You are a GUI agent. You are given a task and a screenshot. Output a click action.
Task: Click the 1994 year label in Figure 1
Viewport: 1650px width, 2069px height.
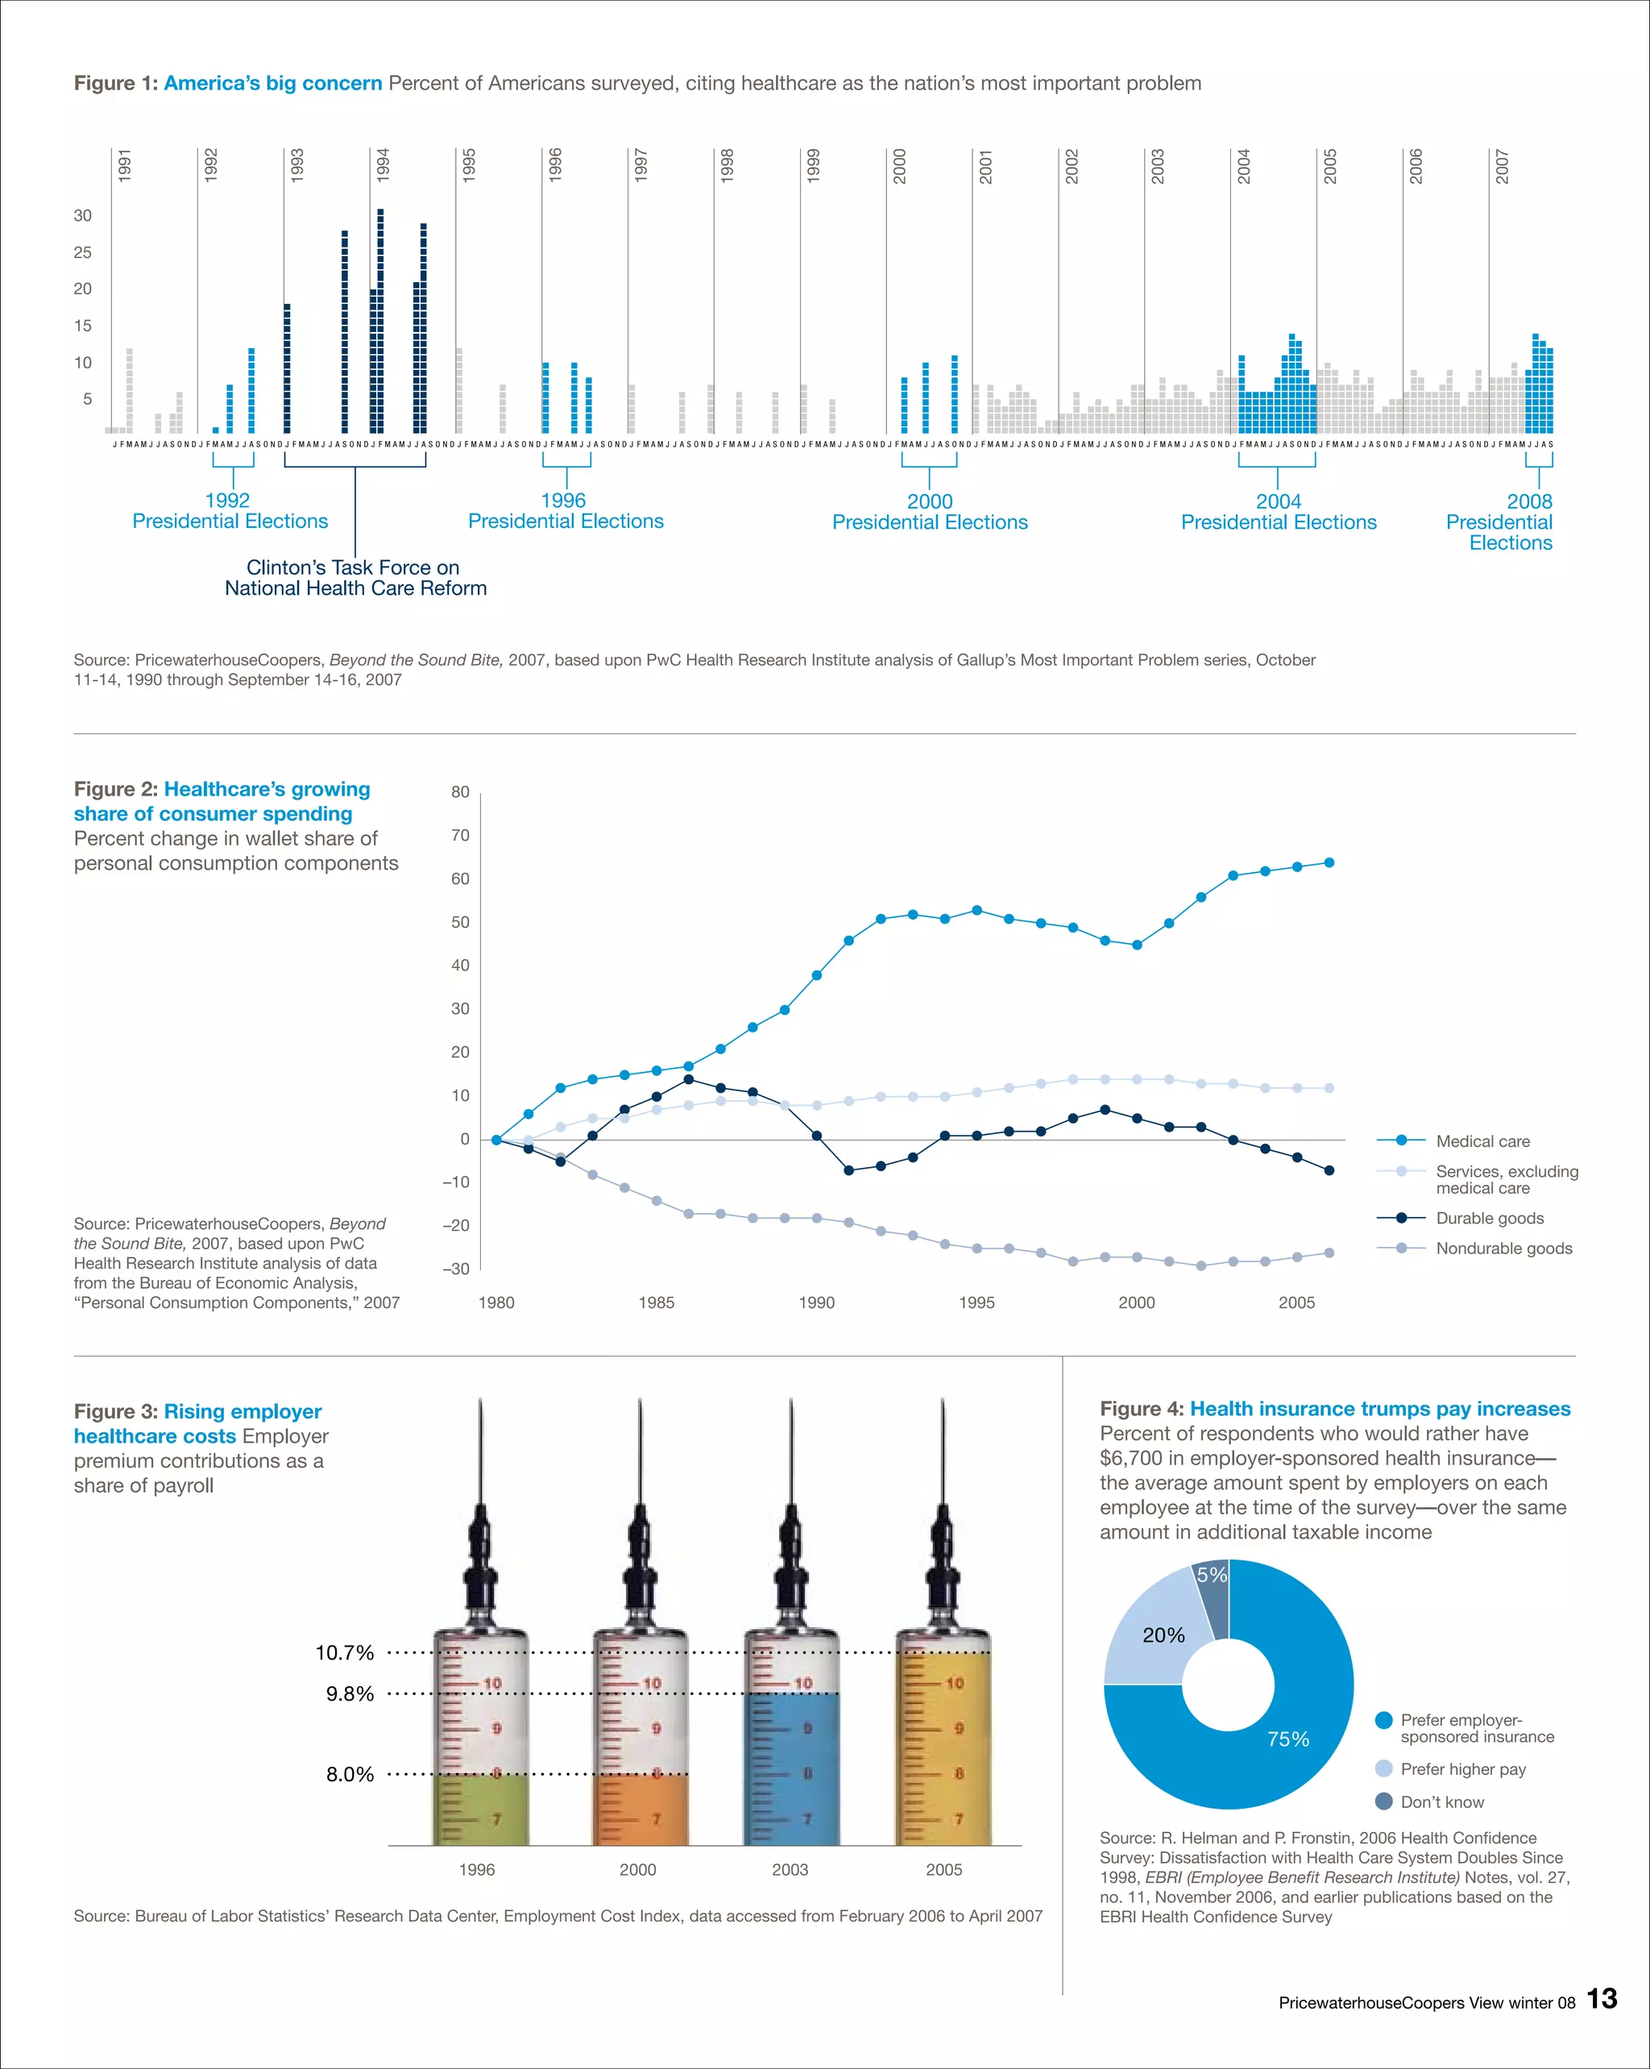click(383, 165)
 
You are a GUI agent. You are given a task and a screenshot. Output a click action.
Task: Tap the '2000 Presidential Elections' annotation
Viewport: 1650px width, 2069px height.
click(930, 513)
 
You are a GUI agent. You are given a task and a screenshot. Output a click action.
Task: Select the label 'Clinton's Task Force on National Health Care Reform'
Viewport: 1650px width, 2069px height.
click(355, 578)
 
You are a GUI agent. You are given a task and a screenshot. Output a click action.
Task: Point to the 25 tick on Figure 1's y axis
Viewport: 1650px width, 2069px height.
click(82, 252)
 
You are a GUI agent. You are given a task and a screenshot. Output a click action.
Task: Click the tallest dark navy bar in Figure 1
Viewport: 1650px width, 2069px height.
click(381, 322)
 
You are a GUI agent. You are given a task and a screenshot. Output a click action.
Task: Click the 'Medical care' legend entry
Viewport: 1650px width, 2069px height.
click(1482, 1141)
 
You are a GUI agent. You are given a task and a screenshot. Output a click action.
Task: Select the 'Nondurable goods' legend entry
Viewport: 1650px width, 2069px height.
click(1503, 1248)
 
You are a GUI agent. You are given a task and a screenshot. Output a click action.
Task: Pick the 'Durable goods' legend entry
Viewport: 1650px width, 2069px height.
click(1489, 1218)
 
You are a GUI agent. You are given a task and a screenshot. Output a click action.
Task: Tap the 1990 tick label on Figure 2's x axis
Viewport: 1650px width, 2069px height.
click(816, 1302)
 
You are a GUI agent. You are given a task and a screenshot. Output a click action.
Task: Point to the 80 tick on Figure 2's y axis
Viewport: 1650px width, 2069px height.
click(461, 791)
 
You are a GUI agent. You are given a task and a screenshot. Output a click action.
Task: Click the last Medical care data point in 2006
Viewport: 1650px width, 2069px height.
click(1329, 862)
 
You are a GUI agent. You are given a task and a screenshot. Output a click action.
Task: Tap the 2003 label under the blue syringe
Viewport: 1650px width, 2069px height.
click(790, 1869)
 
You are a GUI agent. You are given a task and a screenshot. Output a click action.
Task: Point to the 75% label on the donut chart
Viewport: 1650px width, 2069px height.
click(1287, 1739)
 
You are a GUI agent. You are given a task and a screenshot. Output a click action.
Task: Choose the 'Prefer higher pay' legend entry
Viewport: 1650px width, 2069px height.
click(1462, 1768)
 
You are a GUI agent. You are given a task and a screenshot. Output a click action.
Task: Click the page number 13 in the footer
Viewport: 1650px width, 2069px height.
click(1601, 1999)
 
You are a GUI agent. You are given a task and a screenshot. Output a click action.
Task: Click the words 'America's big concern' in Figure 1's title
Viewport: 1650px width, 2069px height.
click(272, 84)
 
